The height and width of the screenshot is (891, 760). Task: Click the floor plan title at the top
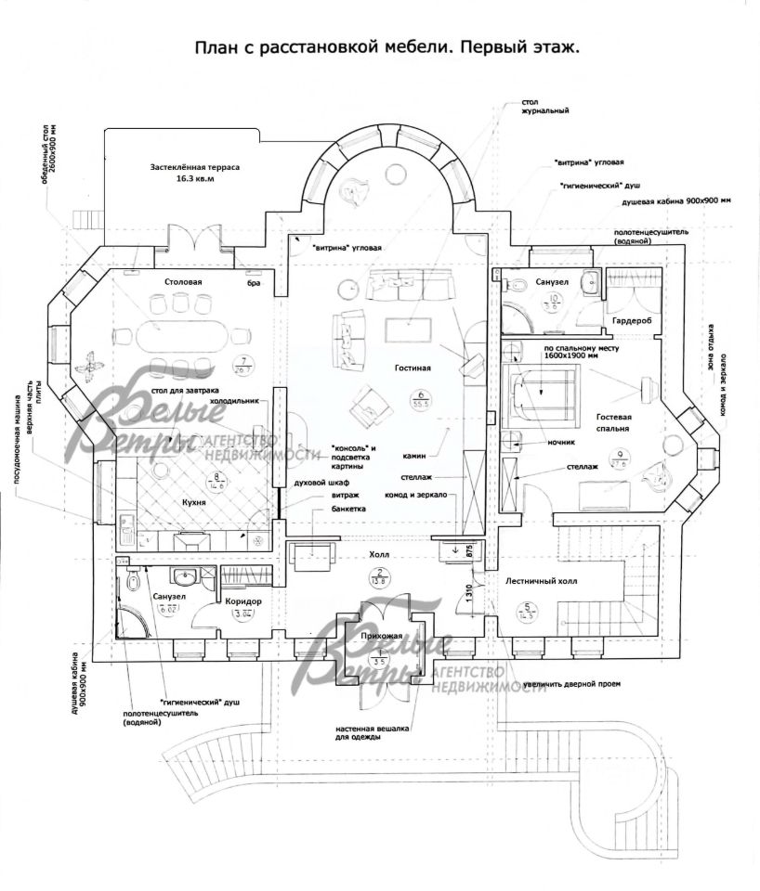[x=387, y=47]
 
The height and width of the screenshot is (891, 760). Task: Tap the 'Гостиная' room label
[x=413, y=368]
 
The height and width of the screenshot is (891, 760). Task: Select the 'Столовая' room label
[x=182, y=279]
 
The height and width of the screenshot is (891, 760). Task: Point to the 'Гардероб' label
[x=632, y=319]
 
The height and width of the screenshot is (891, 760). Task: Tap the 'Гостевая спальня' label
[x=614, y=423]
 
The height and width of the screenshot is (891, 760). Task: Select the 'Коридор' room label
[x=243, y=600]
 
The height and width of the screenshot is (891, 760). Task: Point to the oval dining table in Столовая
[x=182, y=335]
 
